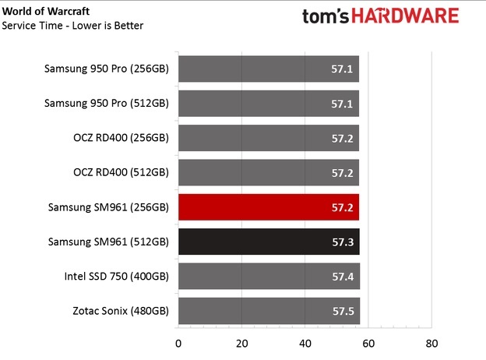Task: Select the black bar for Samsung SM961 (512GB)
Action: click(x=269, y=242)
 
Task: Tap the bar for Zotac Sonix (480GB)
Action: click(x=269, y=310)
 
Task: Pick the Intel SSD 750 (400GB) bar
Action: click(x=269, y=276)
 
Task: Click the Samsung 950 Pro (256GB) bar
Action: click(x=269, y=69)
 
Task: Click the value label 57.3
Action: click(x=343, y=242)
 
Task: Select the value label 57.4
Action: click(x=343, y=276)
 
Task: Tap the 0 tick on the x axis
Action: click(x=178, y=344)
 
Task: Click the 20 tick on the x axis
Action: click(x=241, y=344)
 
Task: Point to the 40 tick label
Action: click(x=305, y=344)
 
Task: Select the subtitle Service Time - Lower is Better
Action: click(x=73, y=26)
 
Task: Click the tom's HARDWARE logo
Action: click(x=392, y=18)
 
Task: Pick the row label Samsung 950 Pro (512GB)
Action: click(x=107, y=104)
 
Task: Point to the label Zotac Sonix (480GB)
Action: click(x=117, y=310)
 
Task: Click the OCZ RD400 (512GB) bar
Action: click(x=269, y=173)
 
